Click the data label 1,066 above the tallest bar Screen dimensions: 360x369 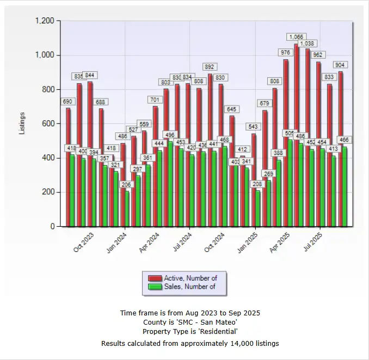296,37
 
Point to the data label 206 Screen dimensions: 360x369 127,185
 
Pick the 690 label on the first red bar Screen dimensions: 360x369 68,102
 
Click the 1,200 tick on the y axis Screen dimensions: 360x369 45,21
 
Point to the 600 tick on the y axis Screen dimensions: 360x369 48,123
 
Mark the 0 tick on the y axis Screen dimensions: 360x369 52,226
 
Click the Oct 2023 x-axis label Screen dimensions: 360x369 84,241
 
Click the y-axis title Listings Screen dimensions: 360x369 22,123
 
